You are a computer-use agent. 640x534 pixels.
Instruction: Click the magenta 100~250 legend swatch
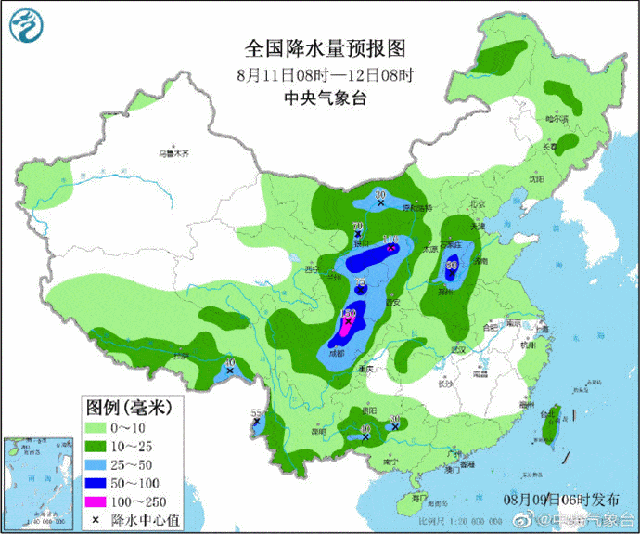(94, 501)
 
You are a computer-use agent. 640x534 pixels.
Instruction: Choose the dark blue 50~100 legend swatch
(94, 483)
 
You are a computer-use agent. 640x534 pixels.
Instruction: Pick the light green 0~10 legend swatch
(94, 428)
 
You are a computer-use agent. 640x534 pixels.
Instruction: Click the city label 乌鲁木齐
(173, 153)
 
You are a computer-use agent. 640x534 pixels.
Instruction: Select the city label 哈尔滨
(556, 119)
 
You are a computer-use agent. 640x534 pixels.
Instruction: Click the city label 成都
(335, 354)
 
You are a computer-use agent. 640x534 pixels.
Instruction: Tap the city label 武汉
(455, 348)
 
